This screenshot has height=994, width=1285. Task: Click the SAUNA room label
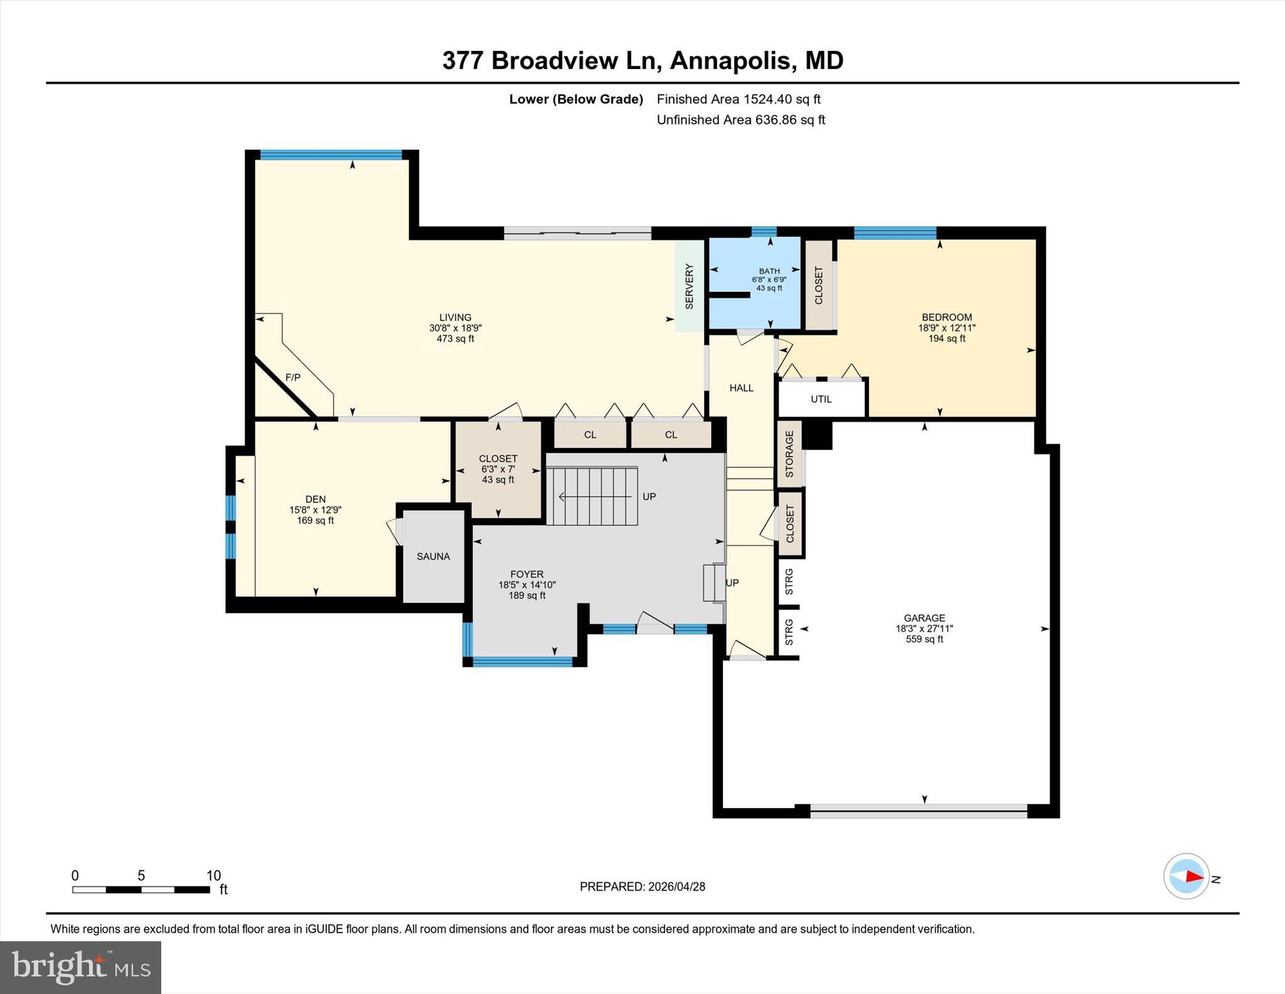click(x=433, y=556)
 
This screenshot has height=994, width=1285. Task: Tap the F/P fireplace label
click(x=293, y=377)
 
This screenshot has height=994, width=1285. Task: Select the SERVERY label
click(x=689, y=286)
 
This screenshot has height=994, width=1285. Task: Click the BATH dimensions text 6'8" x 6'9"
click(x=769, y=280)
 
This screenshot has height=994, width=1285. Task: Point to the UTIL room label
click(x=821, y=399)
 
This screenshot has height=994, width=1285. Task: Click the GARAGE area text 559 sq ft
click(x=924, y=639)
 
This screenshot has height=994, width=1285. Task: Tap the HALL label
click(x=741, y=388)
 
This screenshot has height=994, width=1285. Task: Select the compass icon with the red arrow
click(x=1186, y=877)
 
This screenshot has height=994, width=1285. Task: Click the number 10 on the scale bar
click(x=213, y=875)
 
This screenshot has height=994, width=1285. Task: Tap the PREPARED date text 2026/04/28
click(x=676, y=887)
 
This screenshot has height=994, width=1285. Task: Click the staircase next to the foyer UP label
click(x=592, y=496)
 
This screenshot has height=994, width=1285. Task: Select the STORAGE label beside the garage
click(x=789, y=454)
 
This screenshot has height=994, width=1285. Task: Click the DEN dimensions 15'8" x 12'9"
click(x=315, y=511)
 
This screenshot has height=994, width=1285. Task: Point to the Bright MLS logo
click(x=80, y=967)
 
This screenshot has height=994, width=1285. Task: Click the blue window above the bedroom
click(x=895, y=233)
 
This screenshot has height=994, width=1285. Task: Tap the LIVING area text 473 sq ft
click(x=455, y=339)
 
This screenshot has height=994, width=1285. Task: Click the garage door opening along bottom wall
click(x=918, y=811)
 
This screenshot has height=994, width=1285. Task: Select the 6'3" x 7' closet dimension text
click(x=498, y=470)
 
